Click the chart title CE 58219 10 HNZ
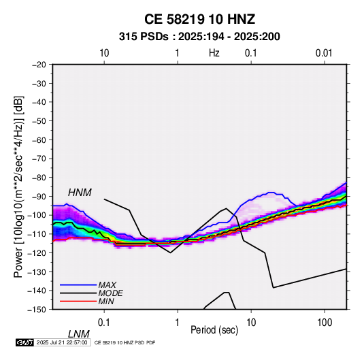coord(199,19)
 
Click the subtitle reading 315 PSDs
coord(144,37)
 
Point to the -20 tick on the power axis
coord(39,65)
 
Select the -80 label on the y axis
coord(39,178)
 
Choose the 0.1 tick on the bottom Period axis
coord(104,323)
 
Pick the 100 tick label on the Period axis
coord(325,323)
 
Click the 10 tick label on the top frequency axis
coord(104,53)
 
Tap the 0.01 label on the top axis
coord(324,53)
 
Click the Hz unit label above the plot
coord(214,53)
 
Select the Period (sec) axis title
coord(214,330)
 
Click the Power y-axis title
coord(18,187)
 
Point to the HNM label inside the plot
coord(80,193)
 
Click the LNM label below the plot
coord(79,334)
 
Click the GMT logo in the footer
coord(24,342)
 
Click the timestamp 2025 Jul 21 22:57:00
coord(62,342)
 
